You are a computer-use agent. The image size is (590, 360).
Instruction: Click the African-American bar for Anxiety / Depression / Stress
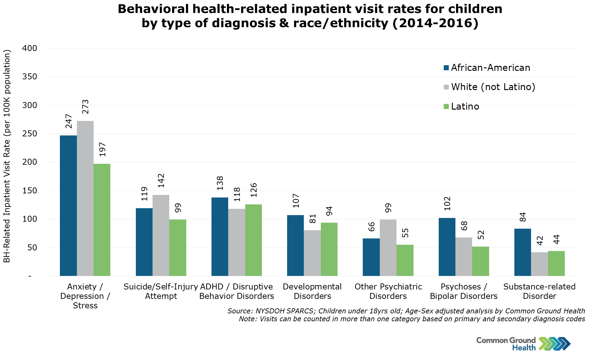point(68,206)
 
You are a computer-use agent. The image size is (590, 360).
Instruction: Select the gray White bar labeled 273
point(85,198)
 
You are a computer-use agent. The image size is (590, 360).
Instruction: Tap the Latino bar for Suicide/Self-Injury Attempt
point(178,248)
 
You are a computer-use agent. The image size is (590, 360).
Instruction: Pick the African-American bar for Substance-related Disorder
point(523,252)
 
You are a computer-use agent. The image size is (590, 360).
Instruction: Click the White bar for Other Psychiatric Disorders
point(388,248)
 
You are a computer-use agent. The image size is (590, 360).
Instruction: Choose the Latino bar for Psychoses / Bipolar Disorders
point(481,261)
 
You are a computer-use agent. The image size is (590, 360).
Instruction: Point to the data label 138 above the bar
point(220,183)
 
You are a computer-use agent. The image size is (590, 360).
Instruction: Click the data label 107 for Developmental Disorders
point(296,201)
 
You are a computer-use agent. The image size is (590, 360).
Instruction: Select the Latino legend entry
point(461,106)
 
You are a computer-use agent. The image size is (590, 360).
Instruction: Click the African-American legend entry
point(487,68)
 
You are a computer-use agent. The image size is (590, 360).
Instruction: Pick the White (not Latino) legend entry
point(489,87)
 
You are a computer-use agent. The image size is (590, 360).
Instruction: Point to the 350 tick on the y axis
point(30,77)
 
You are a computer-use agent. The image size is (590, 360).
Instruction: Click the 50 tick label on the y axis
point(32,248)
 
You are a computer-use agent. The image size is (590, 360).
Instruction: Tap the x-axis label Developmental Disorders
point(312,291)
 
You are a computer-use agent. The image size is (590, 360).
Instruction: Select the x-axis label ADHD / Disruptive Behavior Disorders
point(237,291)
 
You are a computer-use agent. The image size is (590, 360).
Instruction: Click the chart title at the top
point(310,16)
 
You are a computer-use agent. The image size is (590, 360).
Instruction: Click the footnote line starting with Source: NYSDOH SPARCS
point(406,311)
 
